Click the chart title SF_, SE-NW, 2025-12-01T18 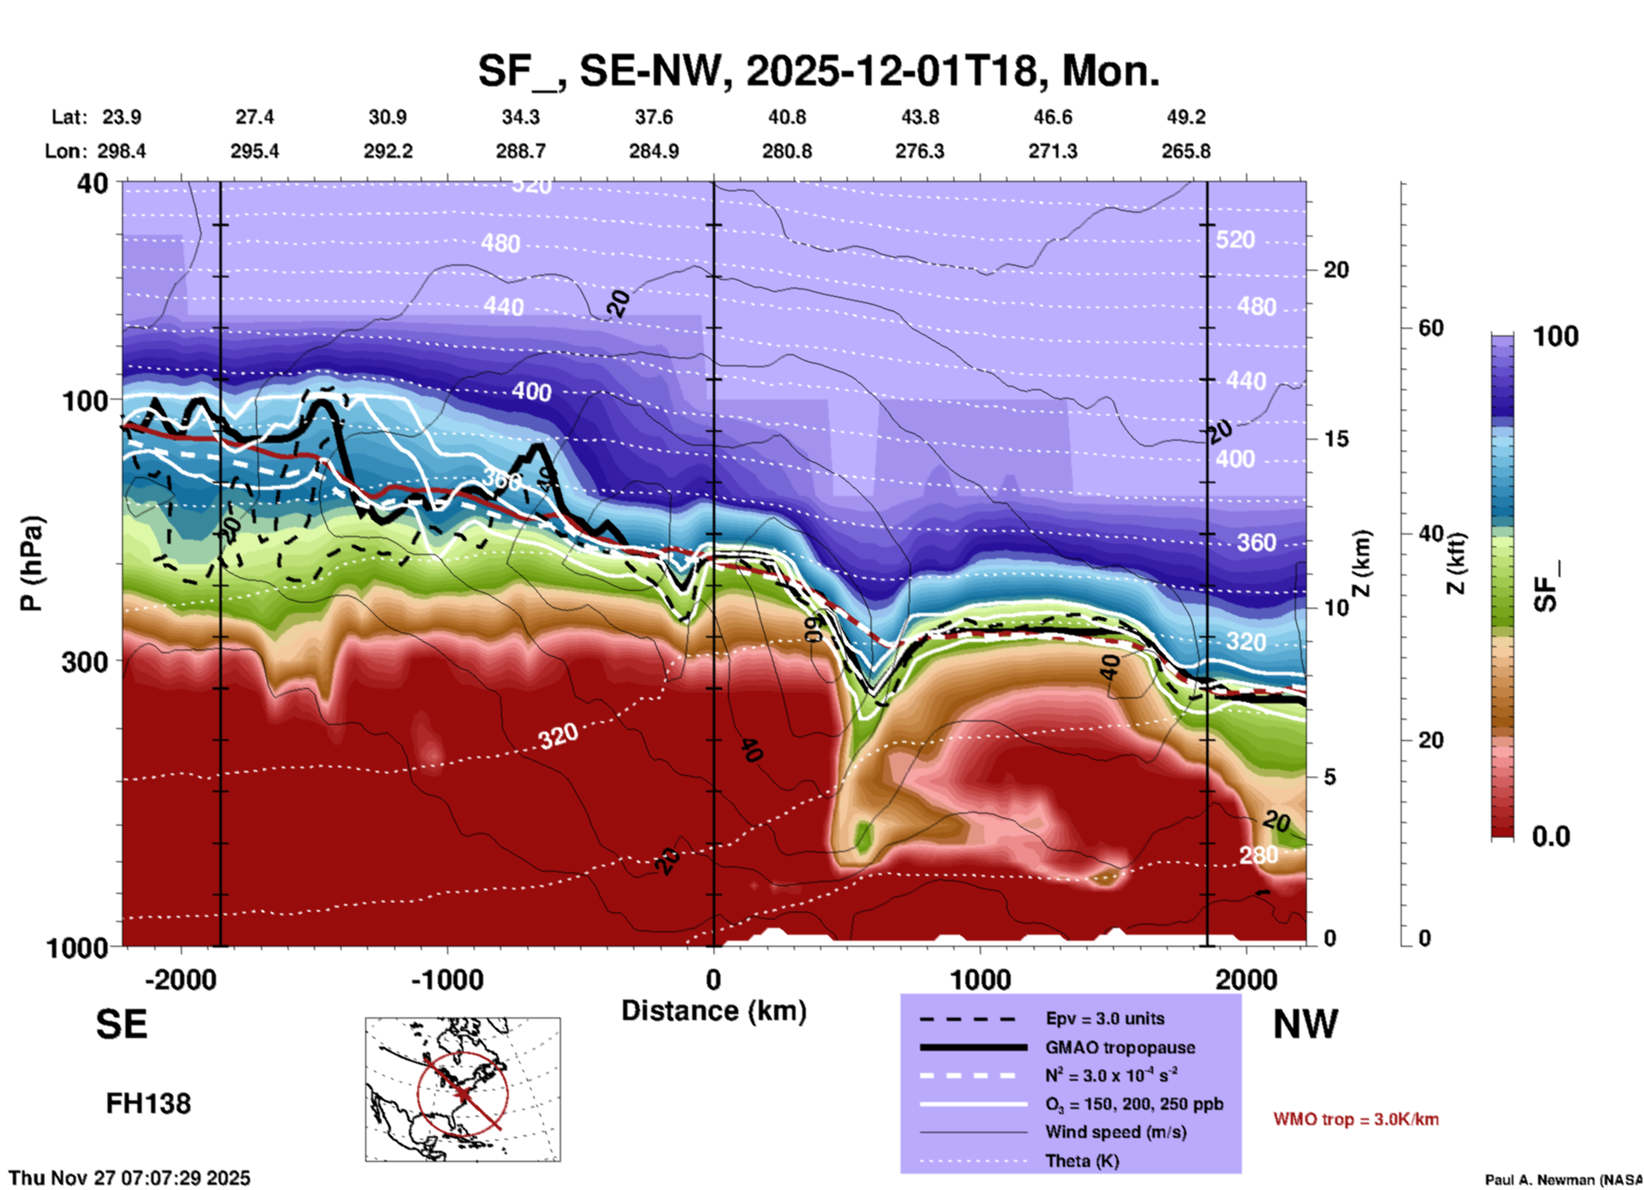pyautogui.click(x=818, y=70)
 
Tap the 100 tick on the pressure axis pyautogui.click(x=85, y=400)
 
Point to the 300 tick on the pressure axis pyautogui.click(x=85, y=662)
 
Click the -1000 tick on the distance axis pyautogui.click(x=446, y=979)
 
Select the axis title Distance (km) pyautogui.click(x=714, y=1011)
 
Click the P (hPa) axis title pyautogui.click(x=32, y=563)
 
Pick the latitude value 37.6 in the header pyautogui.click(x=653, y=117)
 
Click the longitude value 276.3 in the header pyautogui.click(x=919, y=151)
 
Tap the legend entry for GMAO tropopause pyautogui.click(x=1119, y=1047)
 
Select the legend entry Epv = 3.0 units pyautogui.click(x=1104, y=1018)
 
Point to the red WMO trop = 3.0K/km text pyautogui.click(x=1355, y=1119)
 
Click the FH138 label pyautogui.click(x=148, y=1104)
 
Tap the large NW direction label pyautogui.click(x=1305, y=1024)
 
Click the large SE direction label pyautogui.click(x=121, y=1024)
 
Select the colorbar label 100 pyautogui.click(x=1555, y=336)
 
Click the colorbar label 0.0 pyautogui.click(x=1551, y=836)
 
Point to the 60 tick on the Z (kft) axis pyautogui.click(x=1431, y=328)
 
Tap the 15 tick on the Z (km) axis pyautogui.click(x=1336, y=439)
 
